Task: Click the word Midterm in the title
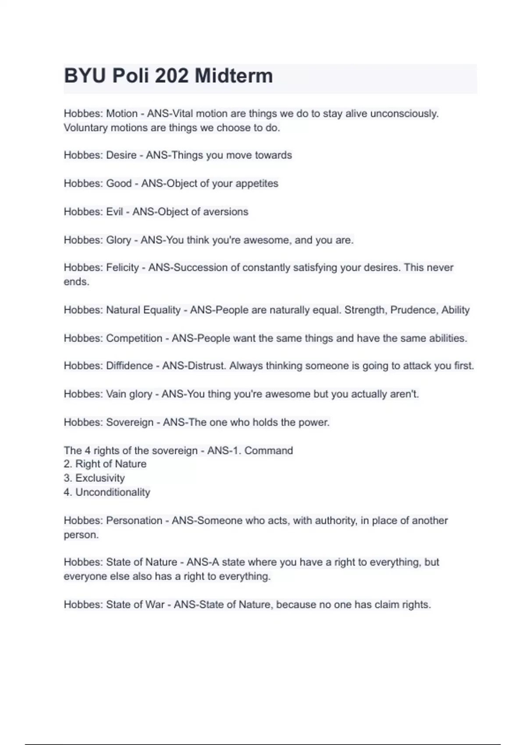234,76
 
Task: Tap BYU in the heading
85,76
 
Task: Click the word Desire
121,155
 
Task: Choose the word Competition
134,338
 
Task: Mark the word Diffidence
129,365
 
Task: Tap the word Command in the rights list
268,451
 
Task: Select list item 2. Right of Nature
105,464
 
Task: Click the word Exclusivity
100,478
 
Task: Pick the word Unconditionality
113,492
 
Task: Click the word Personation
134,521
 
